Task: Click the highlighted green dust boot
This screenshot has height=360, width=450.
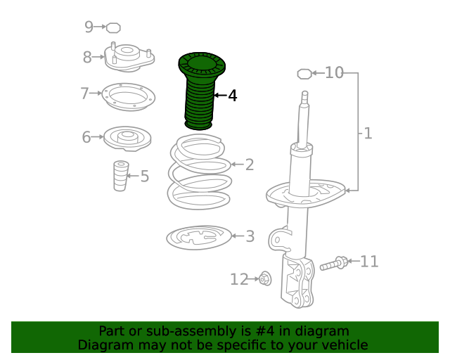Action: click(201, 89)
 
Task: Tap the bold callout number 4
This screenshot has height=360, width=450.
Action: click(233, 96)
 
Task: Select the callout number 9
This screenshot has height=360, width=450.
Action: click(89, 27)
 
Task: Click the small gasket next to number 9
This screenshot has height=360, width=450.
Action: click(113, 28)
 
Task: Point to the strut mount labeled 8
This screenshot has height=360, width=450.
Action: click(129, 58)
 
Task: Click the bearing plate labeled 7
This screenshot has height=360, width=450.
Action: click(128, 97)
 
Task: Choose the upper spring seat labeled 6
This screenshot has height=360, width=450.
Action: click(127, 139)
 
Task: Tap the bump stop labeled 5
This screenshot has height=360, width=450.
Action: click(121, 176)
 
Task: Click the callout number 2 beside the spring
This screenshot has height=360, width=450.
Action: click(250, 165)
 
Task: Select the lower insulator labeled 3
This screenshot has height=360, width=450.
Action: click(199, 238)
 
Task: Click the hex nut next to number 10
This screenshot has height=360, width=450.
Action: click(304, 74)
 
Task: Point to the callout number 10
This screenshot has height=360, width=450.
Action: click(334, 72)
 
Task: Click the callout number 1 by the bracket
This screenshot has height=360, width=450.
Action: click(368, 134)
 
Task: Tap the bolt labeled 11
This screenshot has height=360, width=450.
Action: click(334, 263)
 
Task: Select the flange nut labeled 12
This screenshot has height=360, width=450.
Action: click(265, 278)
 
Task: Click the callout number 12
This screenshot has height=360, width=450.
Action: click(239, 279)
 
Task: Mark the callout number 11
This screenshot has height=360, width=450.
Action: click(369, 262)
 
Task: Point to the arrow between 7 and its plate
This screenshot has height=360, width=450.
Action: click(96, 93)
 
